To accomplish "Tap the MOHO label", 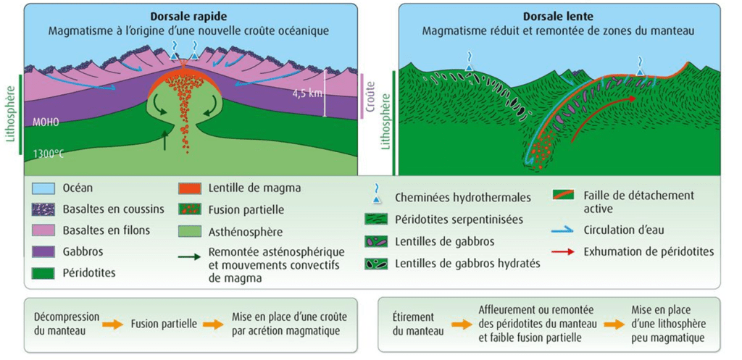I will coord(46,122).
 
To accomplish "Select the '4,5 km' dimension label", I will coord(307,93).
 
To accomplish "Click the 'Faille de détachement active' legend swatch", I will coord(562,194).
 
